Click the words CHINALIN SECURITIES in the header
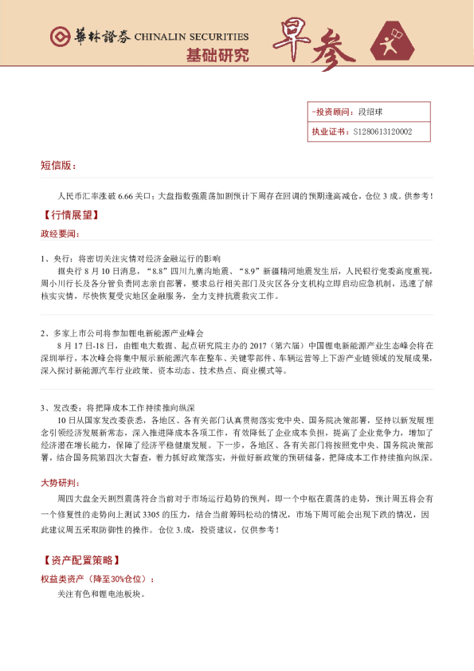point(191,37)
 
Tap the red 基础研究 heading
point(217,56)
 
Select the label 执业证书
point(327,132)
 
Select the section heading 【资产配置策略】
point(80,561)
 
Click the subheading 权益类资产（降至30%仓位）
point(97,579)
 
